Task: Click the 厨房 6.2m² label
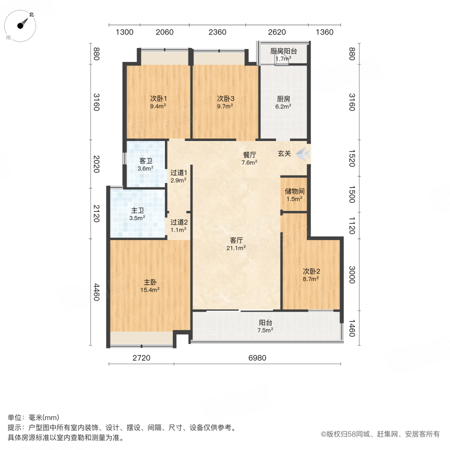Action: [x=283, y=102]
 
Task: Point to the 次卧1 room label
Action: [x=158, y=102]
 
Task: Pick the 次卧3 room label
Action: [x=225, y=102]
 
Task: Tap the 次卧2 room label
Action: [x=311, y=275]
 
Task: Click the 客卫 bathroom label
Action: [x=145, y=164]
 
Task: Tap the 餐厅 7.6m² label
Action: [x=249, y=158]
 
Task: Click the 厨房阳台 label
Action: [x=283, y=55]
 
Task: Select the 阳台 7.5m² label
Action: [x=265, y=326]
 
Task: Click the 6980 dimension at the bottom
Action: [x=257, y=358]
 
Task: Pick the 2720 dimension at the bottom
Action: [x=141, y=358]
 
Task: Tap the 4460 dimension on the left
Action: [x=97, y=291]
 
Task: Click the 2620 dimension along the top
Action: [x=276, y=32]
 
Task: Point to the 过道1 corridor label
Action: [x=178, y=175]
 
